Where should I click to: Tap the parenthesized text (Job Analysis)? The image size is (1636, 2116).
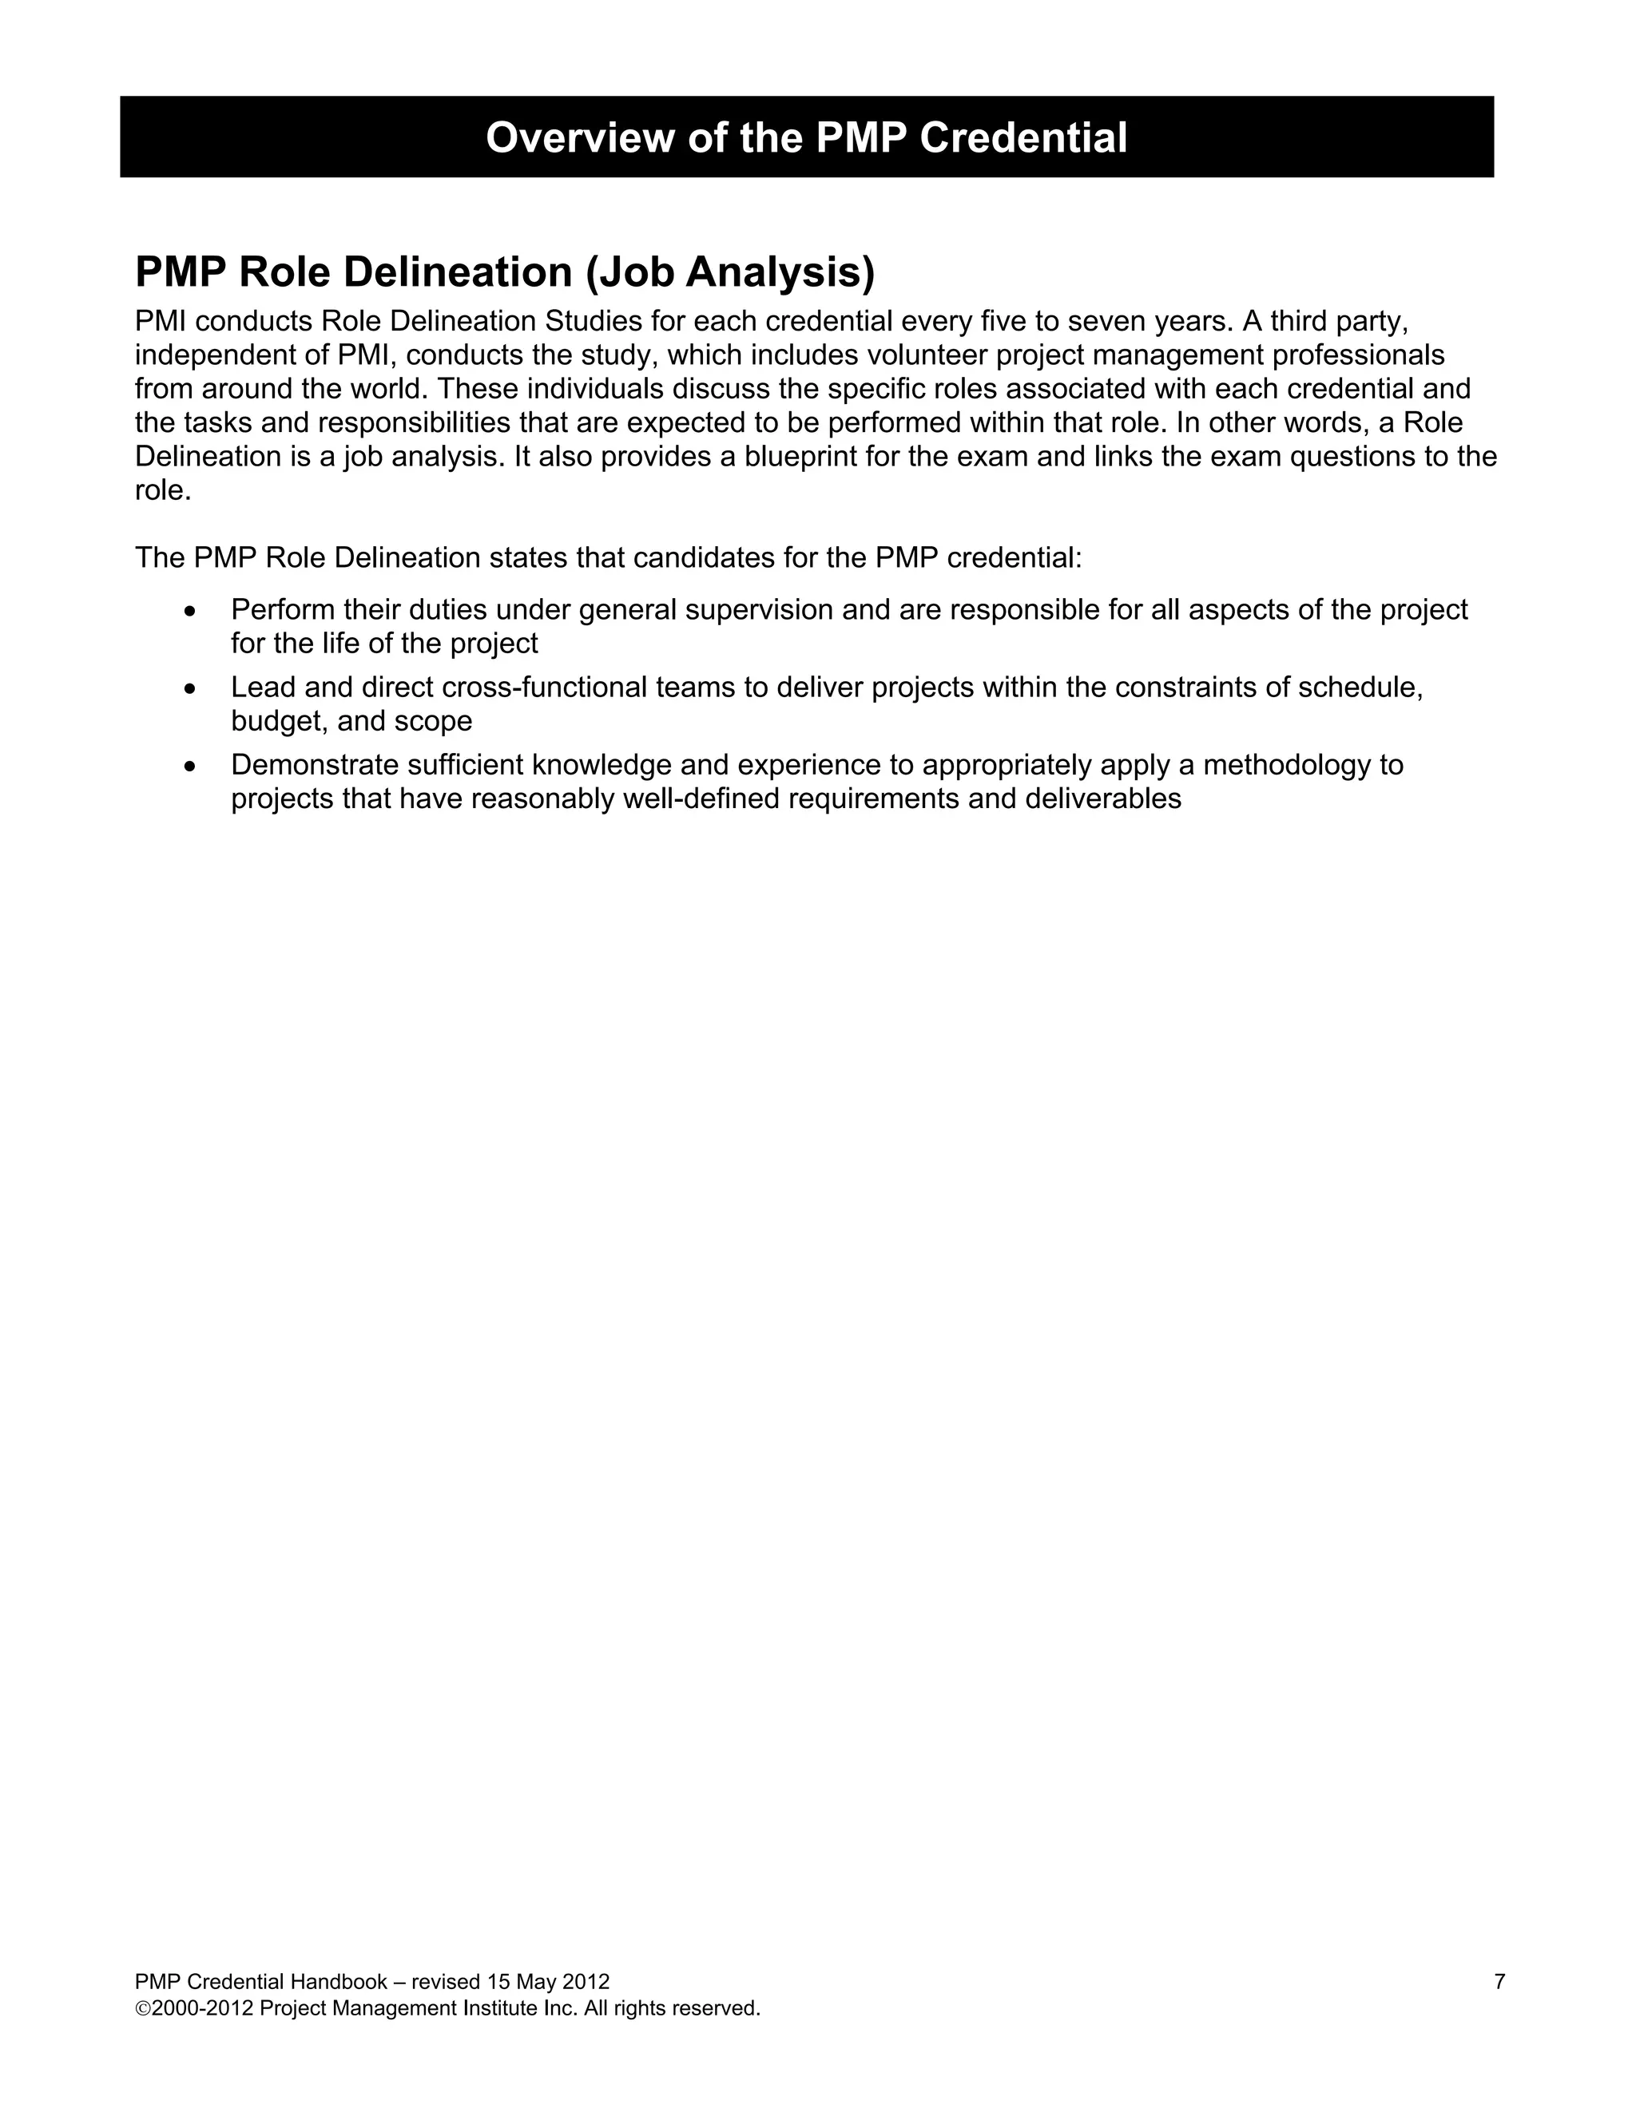tap(730, 272)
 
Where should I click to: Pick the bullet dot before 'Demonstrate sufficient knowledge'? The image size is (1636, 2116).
tap(190, 767)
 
